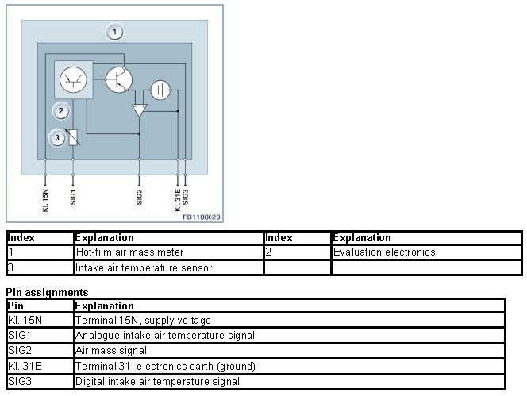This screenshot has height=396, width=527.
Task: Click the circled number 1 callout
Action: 115,33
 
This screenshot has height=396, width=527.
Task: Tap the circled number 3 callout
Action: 57,138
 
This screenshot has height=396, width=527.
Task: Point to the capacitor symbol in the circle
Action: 162,89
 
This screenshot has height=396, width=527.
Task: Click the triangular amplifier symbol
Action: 140,110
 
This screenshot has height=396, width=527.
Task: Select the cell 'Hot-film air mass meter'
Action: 129,252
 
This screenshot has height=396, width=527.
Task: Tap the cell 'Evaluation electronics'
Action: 384,252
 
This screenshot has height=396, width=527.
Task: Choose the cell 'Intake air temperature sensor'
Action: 144,267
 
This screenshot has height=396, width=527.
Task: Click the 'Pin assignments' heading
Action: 47,293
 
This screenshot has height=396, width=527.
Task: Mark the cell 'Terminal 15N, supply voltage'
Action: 143,320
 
